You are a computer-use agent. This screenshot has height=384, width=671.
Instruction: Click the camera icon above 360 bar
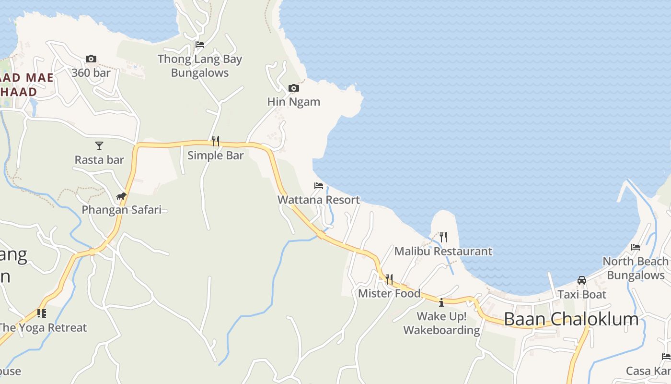point(91,59)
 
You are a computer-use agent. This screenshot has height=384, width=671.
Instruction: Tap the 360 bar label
point(91,73)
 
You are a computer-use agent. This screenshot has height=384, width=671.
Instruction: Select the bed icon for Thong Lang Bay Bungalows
point(200,45)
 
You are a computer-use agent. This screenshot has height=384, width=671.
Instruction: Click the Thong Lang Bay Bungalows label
point(200,66)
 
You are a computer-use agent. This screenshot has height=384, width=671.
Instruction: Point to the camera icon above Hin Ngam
point(293,88)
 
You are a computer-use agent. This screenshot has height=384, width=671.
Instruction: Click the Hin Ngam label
point(293,102)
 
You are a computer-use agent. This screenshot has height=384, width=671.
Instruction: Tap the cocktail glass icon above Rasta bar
point(99,145)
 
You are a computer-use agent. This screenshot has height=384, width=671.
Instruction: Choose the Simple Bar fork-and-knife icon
point(216,141)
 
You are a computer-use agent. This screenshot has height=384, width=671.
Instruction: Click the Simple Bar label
point(215,155)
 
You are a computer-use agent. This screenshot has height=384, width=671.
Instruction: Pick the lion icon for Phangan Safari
point(121,196)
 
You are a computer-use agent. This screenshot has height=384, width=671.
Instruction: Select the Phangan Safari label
point(121,210)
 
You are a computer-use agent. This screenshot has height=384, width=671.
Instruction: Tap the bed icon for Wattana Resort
point(319,186)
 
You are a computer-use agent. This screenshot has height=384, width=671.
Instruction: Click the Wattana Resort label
point(319,200)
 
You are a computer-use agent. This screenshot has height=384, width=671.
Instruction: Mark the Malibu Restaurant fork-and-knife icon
point(443,237)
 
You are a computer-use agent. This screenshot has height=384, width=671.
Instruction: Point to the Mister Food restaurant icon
point(389,279)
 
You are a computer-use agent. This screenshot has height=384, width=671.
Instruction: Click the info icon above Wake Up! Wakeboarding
point(441,302)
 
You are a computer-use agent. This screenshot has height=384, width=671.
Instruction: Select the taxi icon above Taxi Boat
point(582,280)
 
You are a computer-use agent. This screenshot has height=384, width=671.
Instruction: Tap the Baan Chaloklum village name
point(571,319)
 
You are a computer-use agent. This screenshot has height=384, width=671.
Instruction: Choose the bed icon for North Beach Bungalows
point(636,247)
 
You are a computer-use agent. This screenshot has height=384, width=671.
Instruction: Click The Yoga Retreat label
point(43,328)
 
